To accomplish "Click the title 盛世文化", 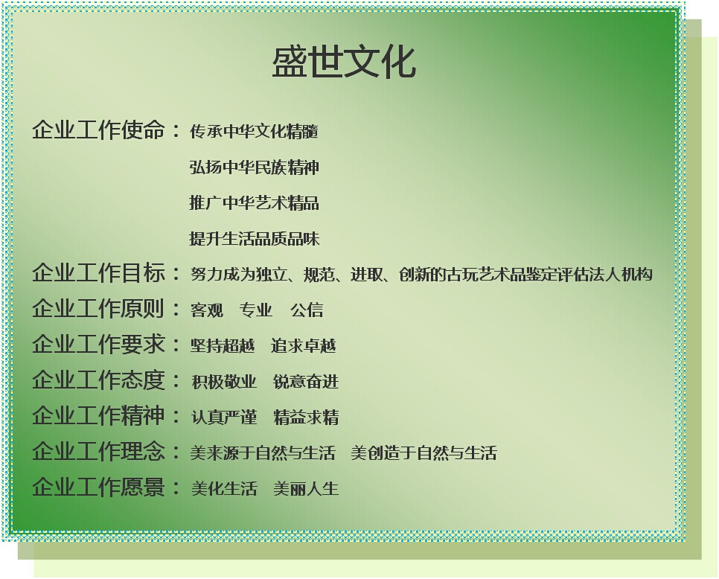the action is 344,62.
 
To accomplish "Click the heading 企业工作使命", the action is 98,129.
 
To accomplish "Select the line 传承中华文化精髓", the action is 254,132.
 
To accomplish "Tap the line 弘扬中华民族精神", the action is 254,167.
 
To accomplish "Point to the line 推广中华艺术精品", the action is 254,202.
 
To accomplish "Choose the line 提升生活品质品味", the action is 254,238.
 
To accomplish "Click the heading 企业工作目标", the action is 98,272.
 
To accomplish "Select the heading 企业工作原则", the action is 98,308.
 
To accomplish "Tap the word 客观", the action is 207,310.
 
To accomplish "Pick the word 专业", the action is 256,310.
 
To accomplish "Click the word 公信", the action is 307,310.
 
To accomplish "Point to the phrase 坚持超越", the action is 223,345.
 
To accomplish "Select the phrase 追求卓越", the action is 304,345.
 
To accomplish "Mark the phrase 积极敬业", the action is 224,382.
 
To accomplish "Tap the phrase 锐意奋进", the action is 306,382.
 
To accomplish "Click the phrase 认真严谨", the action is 224,418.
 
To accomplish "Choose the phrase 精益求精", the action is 307,418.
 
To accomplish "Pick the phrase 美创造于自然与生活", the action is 424,453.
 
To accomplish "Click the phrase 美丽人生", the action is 307,489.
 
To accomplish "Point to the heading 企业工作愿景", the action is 98,487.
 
